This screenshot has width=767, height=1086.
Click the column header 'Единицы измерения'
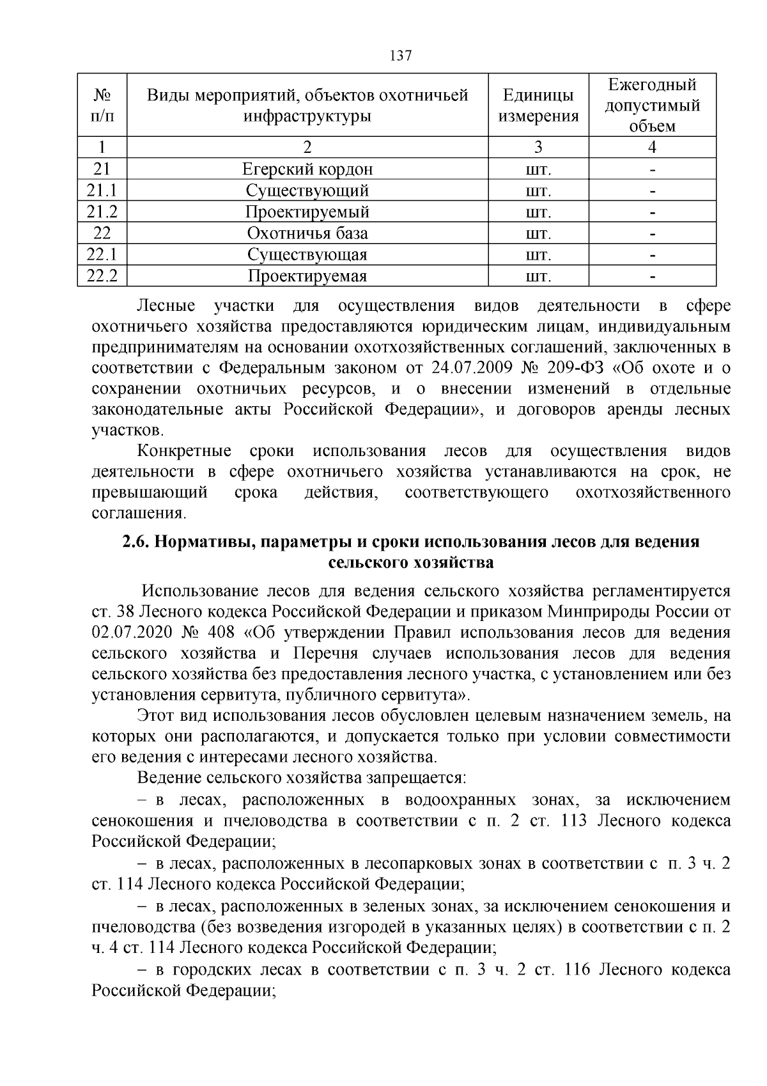(x=538, y=106)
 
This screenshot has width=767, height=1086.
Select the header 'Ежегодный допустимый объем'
(x=652, y=106)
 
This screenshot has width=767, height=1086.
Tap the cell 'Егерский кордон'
(x=307, y=169)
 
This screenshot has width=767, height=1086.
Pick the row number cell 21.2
(x=102, y=212)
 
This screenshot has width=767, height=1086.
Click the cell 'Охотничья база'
(x=307, y=233)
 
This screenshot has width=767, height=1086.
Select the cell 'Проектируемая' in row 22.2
(x=307, y=276)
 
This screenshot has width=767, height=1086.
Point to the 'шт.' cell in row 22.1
(x=538, y=255)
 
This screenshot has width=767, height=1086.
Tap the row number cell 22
(x=102, y=233)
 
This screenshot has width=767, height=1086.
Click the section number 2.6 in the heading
(x=136, y=542)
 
